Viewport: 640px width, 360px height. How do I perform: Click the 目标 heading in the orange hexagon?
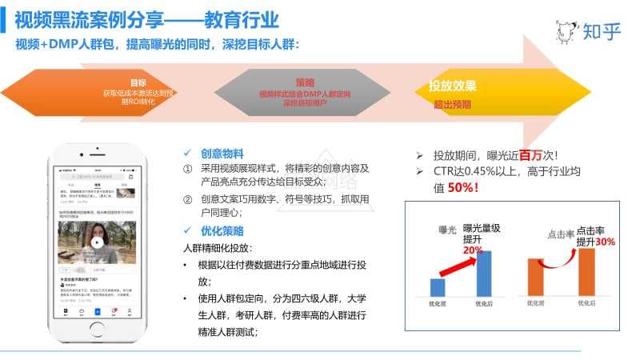pos(138,82)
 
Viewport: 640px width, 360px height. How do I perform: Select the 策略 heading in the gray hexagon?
pos(305,82)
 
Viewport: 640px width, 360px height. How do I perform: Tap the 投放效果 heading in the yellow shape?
pos(453,86)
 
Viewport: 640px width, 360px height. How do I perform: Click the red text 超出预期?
pos(452,104)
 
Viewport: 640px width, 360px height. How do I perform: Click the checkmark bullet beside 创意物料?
pos(186,153)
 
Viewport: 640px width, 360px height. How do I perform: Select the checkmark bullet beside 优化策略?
pos(186,231)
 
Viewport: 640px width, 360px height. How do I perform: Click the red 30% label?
pos(605,241)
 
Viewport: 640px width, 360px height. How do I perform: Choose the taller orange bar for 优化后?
pos(586,272)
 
